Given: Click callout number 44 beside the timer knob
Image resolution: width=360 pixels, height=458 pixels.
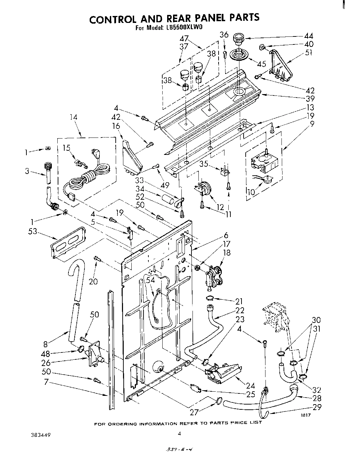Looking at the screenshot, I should [x=309, y=36].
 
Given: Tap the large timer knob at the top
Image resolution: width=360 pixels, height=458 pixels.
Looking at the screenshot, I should [x=238, y=39].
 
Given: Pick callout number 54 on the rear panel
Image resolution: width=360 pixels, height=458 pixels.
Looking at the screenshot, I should [x=150, y=280].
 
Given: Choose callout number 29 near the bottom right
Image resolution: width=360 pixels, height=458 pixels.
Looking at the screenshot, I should [x=317, y=407].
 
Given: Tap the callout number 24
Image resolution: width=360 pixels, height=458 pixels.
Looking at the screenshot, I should [x=250, y=385].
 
